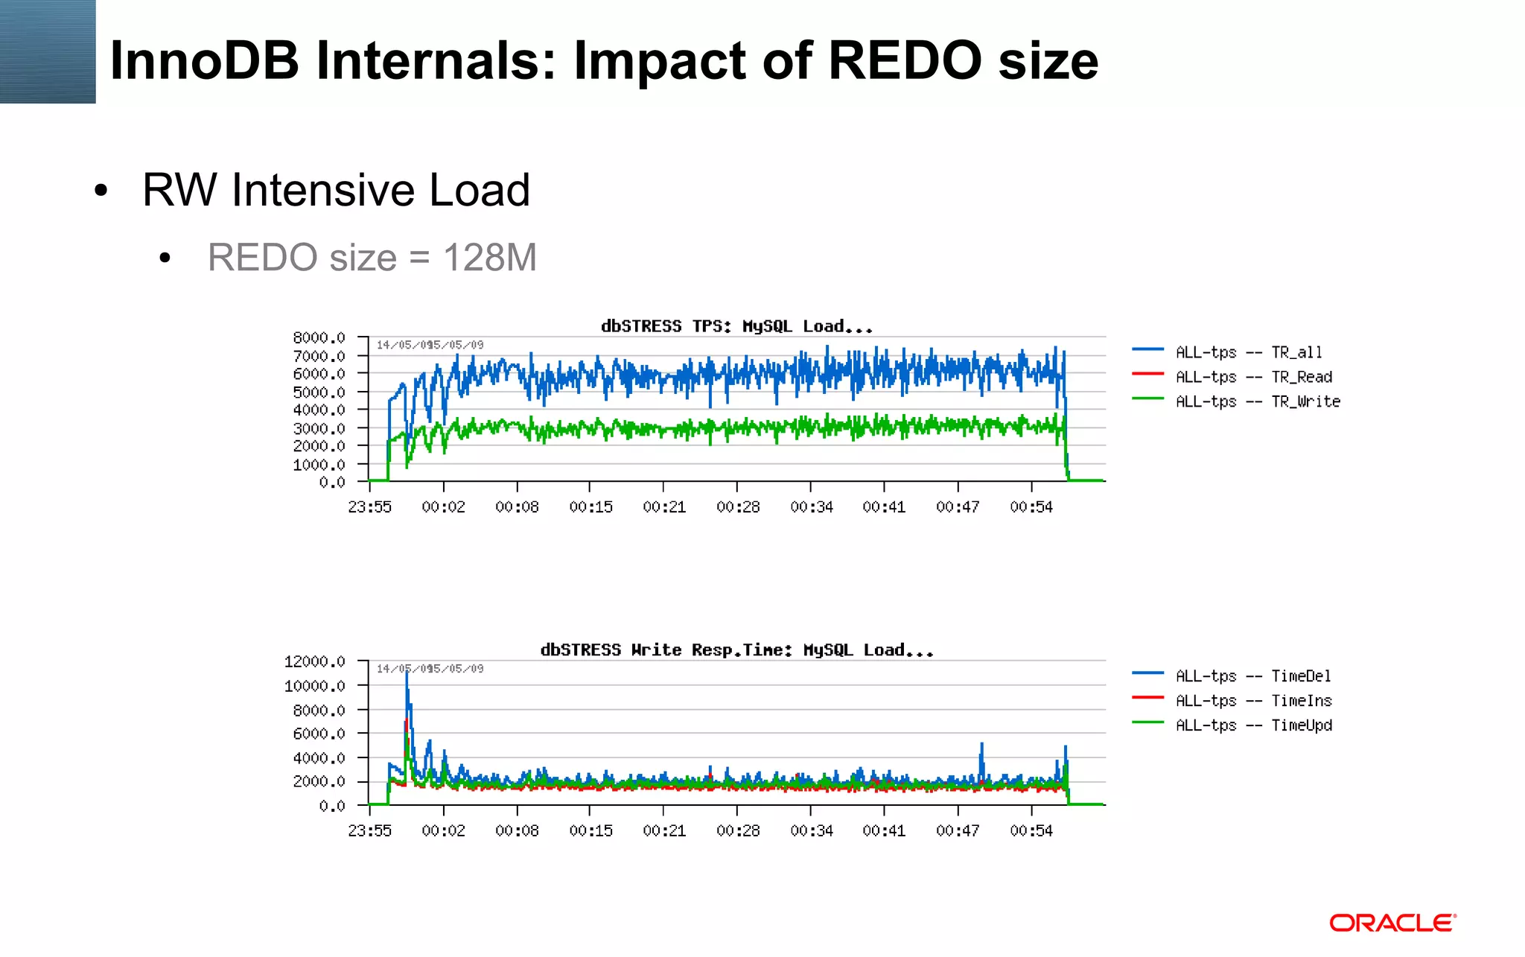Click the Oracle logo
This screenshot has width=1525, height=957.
[1392, 923]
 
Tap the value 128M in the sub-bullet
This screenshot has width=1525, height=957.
[489, 258]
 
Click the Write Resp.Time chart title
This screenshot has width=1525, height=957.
[736, 650]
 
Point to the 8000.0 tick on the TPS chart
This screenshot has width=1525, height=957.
[319, 338]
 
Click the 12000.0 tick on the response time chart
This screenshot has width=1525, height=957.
[314, 661]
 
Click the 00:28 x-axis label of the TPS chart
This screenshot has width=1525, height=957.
[738, 507]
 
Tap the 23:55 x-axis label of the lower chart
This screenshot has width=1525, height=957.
[369, 830]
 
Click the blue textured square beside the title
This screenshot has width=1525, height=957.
[48, 51]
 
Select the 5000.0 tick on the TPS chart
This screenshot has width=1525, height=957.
[319, 392]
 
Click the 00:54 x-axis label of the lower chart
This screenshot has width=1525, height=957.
[1031, 830]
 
